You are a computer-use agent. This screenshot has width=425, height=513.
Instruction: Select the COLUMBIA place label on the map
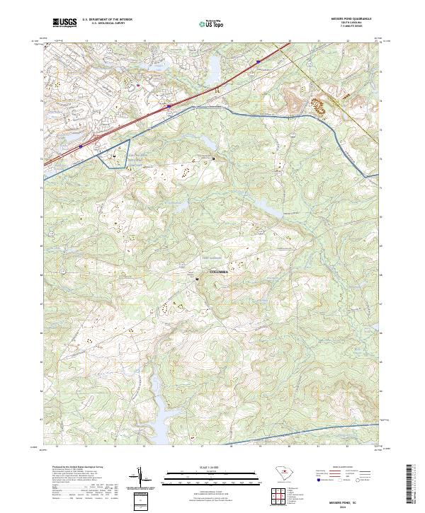(x=222, y=272)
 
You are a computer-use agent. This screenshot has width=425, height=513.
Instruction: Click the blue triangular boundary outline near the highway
(x=116, y=154)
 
